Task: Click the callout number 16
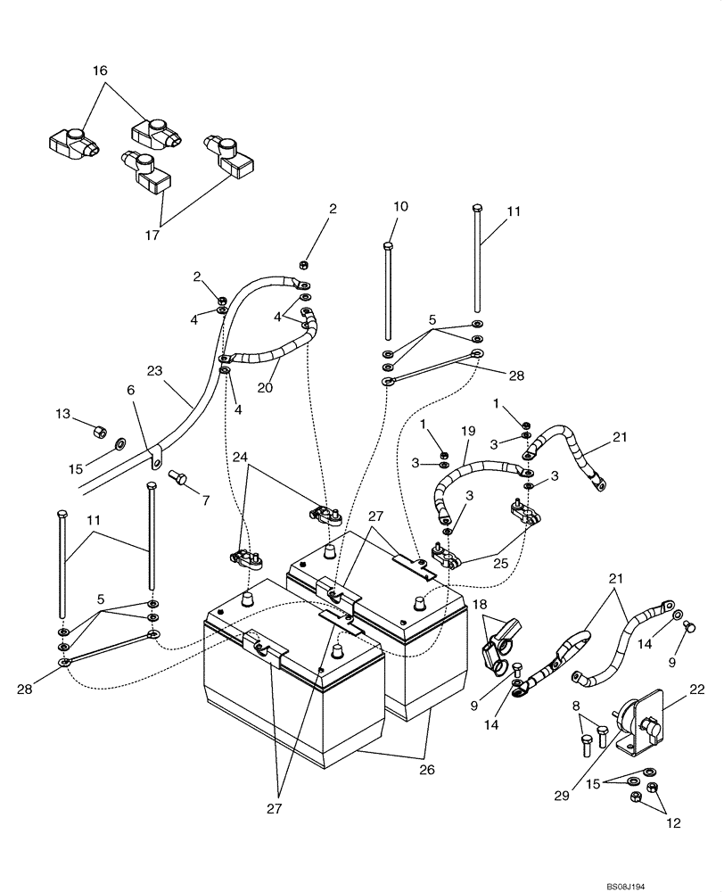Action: (99, 69)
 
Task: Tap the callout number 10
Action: (400, 207)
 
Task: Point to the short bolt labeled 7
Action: (182, 480)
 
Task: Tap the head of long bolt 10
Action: (387, 245)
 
